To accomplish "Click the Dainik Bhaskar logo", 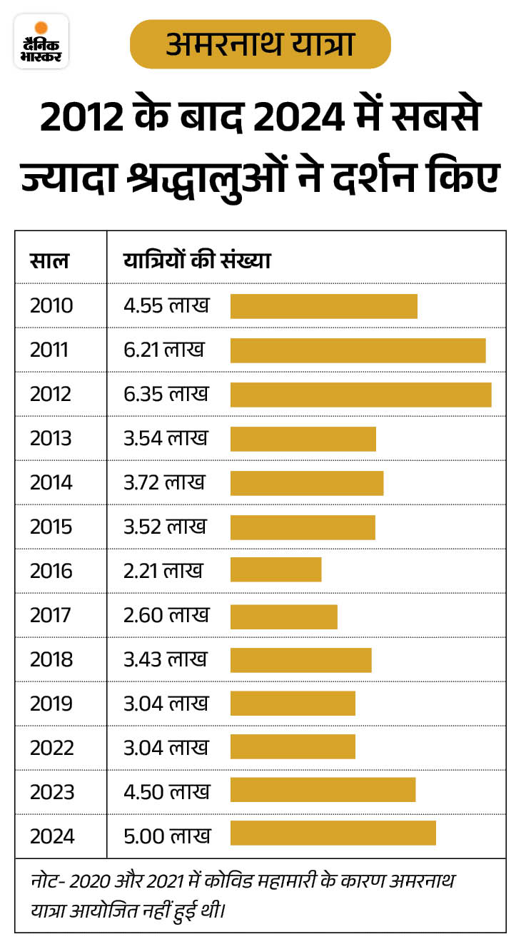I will pos(41,41).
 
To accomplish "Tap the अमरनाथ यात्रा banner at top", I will pos(260,44).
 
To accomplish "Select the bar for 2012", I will pos(360,395).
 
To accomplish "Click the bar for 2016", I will pos(275,570).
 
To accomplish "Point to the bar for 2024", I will pos(333,833).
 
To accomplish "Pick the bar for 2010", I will pos(323,306).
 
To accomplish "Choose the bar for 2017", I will pos(283,614).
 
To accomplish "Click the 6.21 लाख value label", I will pos(164,350).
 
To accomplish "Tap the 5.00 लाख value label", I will pos(167,836).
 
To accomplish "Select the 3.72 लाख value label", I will pos(164,483).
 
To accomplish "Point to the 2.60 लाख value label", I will pos(166,614).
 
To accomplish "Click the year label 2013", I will pos(51,439).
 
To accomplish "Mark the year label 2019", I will pos(51,704).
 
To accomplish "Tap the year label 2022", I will pos(51,748).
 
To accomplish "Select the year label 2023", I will pos(51,793).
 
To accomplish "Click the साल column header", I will pos(49,260).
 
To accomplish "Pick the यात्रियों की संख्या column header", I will pos(197,260).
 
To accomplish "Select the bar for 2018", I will pos(300,660).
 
